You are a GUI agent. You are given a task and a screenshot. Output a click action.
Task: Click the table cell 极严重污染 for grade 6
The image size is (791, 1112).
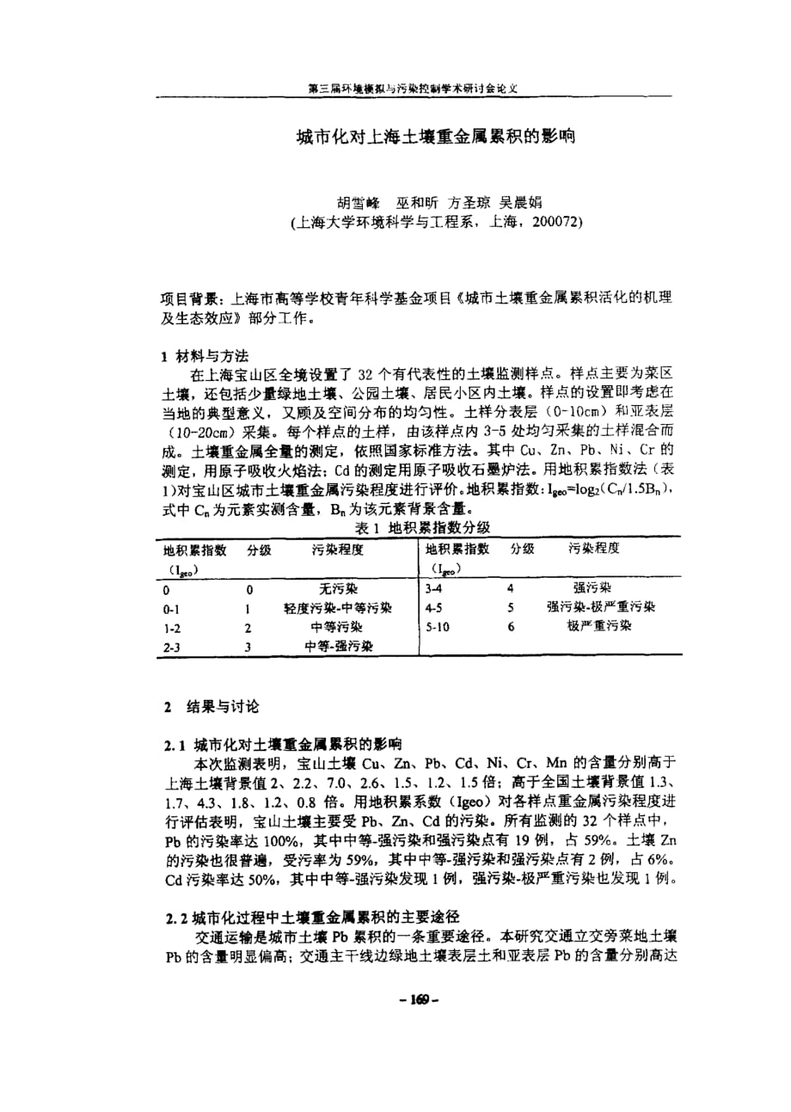coord(599,626)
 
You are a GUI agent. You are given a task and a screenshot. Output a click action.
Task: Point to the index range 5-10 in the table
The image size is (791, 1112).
coord(437,627)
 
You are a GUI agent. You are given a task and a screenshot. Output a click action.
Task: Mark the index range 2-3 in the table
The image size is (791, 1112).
coord(173,647)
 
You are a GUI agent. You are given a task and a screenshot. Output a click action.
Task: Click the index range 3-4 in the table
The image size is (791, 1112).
coord(433,589)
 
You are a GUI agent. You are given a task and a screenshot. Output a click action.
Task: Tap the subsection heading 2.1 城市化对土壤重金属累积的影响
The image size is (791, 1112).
coord(279,744)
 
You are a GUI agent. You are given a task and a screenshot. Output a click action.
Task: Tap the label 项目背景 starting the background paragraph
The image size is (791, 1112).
coord(190,299)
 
